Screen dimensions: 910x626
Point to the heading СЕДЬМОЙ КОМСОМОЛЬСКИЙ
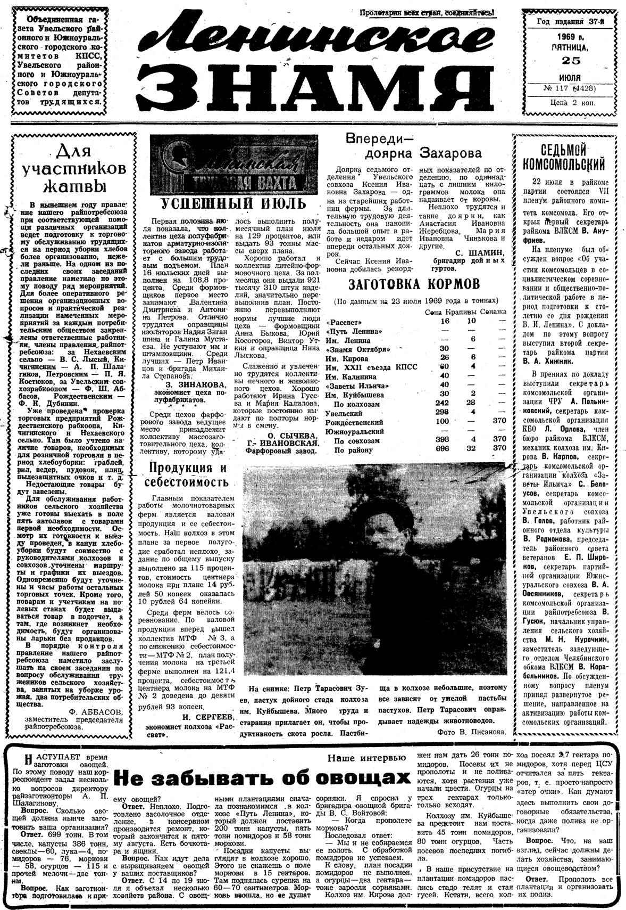coord(564,156)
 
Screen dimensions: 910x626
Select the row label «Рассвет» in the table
coord(344,322)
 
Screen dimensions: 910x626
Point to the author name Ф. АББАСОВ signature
coord(96,712)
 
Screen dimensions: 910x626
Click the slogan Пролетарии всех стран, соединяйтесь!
coord(427,13)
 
